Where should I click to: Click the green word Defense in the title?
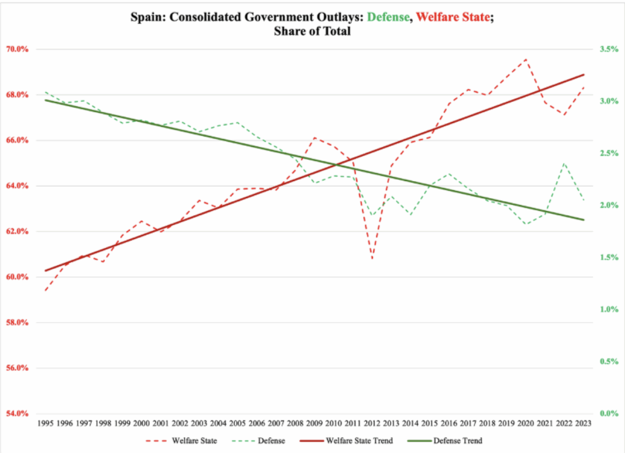coord(389,17)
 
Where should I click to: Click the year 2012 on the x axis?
coord(372,422)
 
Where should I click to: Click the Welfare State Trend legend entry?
coord(352,440)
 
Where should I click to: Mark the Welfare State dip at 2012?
coord(372,259)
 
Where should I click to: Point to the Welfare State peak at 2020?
coord(526,59)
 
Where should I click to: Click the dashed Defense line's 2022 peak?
coord(565,163)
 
